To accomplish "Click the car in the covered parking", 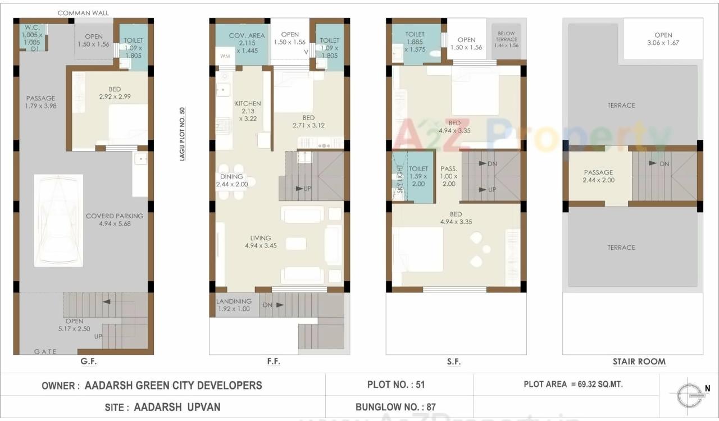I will (58, 221).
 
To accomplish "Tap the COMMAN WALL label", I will (83, 13).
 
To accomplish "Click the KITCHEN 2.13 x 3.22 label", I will (248, 111).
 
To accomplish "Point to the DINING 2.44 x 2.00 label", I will (232, 180).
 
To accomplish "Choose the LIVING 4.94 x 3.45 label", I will (261, 242).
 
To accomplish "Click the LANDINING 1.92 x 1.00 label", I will (234, 305).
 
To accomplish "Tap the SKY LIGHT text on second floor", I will (399, 180).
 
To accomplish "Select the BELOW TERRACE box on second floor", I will (506, 39).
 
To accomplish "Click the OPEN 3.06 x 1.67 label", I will (663, 39).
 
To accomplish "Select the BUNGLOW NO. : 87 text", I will (395, 407).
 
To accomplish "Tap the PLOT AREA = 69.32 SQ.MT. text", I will (573, 385).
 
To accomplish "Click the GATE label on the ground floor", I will (45, 351).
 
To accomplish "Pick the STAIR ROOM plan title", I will (639, 361).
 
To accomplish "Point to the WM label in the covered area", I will (225, 56).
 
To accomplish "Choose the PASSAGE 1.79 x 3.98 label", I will (40, 102).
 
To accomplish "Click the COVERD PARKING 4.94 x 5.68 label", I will (115, 219).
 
